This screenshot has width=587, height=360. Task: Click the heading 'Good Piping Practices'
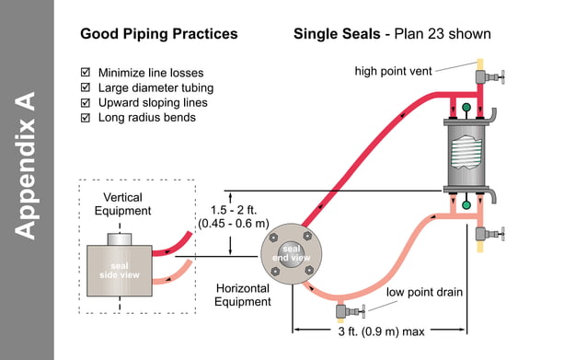click(158, 34)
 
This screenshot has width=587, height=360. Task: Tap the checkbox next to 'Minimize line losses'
click(86, 72)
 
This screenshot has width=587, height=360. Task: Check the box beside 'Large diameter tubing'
click(86, 87)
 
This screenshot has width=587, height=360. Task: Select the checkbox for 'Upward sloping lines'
click(86, 102)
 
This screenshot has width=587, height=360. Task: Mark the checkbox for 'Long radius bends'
click(86, 117)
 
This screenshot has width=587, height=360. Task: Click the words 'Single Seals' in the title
click(336, 34)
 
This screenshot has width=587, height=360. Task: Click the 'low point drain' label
click(424, 292)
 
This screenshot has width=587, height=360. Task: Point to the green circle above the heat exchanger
click(467, 109)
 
